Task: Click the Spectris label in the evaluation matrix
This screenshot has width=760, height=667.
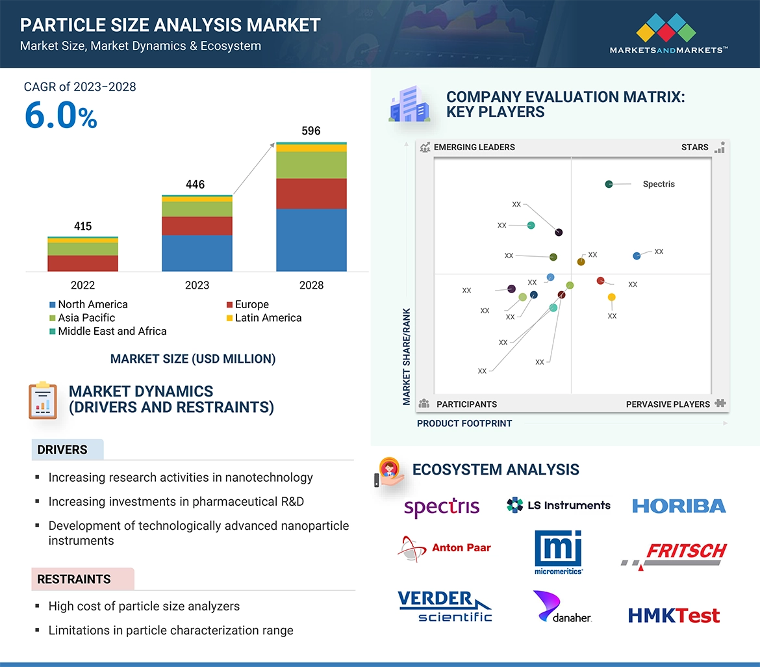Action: tap(659, 184)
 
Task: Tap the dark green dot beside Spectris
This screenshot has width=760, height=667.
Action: tap(609, 184)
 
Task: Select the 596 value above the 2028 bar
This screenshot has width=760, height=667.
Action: tap(311, 131)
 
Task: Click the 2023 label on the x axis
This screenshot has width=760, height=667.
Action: tap(197, 285)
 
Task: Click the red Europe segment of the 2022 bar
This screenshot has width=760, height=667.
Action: tap(82, 263)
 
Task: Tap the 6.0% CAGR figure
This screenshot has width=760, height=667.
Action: tap(61, 116)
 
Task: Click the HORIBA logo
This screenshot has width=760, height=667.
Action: tap(679, 506)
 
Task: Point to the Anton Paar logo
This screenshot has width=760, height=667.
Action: tap(445, 548)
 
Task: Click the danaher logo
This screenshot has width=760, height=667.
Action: tap(561, 607)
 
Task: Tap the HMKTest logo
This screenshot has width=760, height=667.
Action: tap(674, 615)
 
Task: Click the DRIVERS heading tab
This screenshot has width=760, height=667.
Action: tap(62, 450)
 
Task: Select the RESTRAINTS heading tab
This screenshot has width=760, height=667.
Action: tap(74, 579)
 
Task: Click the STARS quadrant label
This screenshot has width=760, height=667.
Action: tap(694, 147)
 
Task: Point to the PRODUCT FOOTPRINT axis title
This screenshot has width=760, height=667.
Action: tap(464, 423)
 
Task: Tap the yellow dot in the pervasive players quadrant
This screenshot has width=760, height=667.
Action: tap(611, 297)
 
